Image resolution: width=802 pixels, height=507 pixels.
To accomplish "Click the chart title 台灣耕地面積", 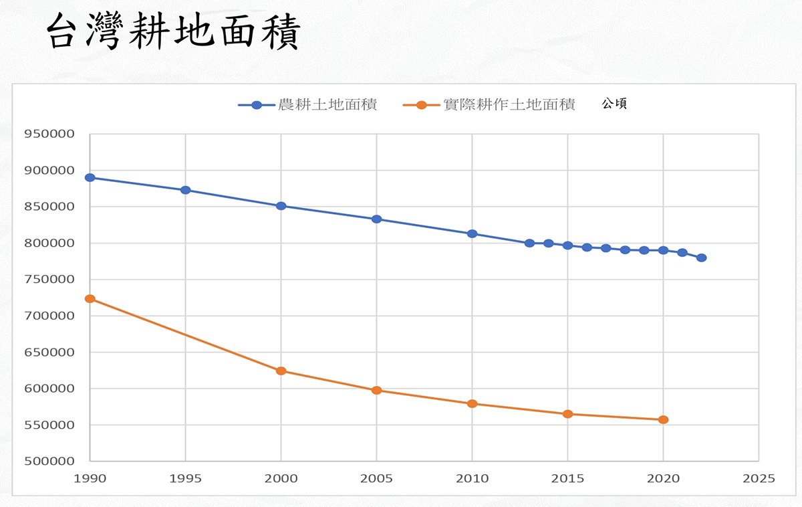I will pos(173,31).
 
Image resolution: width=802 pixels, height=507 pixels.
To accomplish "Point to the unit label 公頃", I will pos(614,104).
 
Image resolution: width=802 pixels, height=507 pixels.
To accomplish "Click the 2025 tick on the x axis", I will pos(759,479).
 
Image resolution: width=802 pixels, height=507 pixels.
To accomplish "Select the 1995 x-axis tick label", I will pos(185,479).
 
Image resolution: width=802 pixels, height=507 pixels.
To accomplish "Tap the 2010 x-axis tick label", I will pos(472,479).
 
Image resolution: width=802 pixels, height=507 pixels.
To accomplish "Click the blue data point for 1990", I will pos(90,178).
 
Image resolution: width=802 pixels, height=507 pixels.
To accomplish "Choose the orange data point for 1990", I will pos(90,299).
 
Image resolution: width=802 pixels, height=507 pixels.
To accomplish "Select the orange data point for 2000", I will pos(281,371).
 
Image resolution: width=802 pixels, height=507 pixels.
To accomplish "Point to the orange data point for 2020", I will pos(663,420).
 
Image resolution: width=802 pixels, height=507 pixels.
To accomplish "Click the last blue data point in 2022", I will pos(701,258).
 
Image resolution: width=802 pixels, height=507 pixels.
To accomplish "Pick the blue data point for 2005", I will pos(377,219).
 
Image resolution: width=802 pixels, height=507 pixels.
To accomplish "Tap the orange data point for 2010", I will pos(472,404).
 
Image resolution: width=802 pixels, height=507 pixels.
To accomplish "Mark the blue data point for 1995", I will pos(186,190).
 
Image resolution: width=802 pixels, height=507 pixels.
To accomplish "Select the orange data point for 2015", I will pos(567,414).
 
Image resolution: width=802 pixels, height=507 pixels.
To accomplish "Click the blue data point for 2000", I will pos(281,206).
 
